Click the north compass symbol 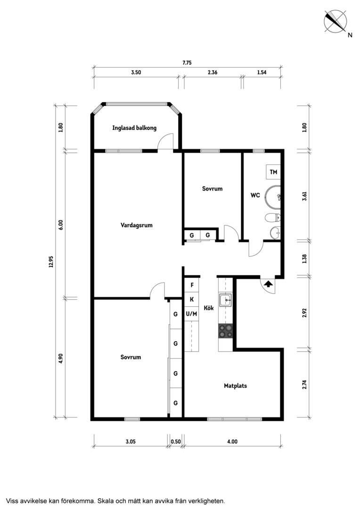335,22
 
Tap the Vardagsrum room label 136,225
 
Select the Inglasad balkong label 134,128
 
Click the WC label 255,196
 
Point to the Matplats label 235,386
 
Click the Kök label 209,308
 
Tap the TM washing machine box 273,172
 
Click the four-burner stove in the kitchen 226,331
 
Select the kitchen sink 225,300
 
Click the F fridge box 192,285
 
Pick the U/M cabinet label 191,313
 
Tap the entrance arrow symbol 268,284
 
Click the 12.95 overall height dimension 51,261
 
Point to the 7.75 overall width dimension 187,63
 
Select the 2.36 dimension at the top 213,73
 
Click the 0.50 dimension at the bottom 176,442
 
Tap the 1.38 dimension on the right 304,259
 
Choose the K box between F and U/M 192,299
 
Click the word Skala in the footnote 105,501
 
